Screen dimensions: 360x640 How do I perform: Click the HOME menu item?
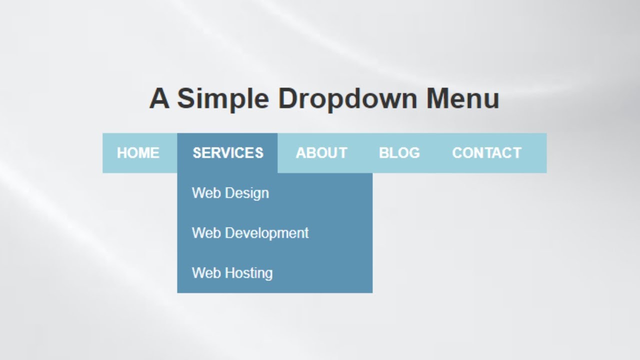point(138,153)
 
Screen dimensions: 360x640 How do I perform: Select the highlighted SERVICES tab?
point(228,153)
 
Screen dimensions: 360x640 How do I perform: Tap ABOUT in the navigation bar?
point(321,153)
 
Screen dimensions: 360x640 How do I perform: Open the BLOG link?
point(399,153)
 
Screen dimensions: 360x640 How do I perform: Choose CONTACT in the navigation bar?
point(486,153)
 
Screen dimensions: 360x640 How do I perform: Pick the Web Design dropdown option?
point(230,193)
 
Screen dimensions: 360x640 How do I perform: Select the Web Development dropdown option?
point(250,233)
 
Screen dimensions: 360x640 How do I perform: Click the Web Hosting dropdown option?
point(232,273)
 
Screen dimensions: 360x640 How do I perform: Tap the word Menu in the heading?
point(462,98)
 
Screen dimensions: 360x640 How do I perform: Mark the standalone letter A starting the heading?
point(159,98)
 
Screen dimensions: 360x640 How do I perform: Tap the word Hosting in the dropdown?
point(249,273)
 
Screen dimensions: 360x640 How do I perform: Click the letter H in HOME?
point(122,153)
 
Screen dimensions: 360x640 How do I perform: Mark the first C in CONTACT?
point(457,153)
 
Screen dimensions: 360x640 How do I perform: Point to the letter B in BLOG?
point(384,153)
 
